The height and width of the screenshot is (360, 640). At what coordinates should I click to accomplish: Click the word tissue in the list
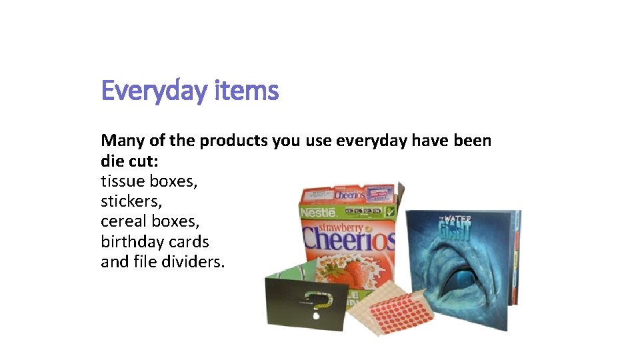coord(123,181)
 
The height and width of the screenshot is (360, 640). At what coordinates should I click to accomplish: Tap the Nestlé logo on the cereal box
coord(318,213)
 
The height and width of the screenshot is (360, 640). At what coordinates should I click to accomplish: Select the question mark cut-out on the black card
coord(319,302)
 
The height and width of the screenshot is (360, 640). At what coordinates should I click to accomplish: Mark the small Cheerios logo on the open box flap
coord(350,195)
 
